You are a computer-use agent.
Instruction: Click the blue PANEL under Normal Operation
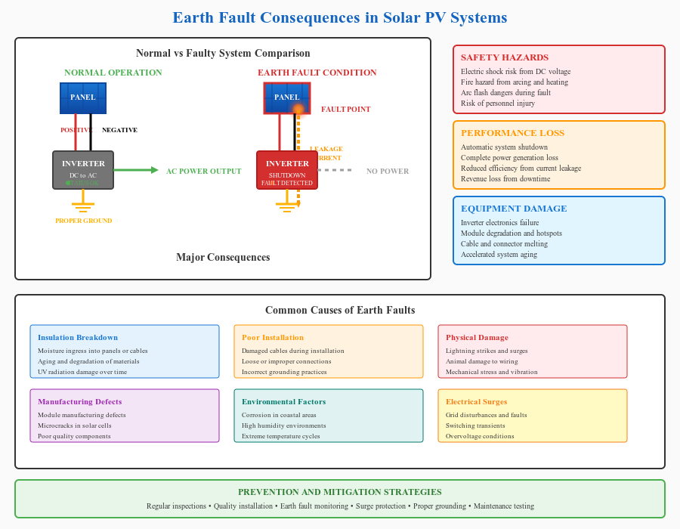click(x=83, y=98)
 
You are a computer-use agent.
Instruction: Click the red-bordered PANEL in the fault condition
click(x=286, y=98)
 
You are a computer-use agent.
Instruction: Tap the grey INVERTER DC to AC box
click(x=83, y=170)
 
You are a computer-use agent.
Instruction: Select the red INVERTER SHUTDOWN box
click(x=287, y=170)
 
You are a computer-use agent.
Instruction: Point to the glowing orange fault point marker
click(x=298, y=110)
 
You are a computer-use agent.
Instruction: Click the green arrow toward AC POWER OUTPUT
click(x=136, y=170)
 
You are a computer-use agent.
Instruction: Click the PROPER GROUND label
click(x=83, y=221)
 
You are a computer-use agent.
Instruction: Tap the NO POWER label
click(x=388, y=172)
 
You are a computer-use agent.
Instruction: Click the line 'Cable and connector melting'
click(x=504, y=244)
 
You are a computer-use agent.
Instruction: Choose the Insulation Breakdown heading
click(x=78, y=338)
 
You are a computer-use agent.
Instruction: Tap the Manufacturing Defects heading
click(x=80, y=402)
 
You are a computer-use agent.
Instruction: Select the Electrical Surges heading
click(x=476, y=402)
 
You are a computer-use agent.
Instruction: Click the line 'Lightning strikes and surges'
click(x=487, y=351)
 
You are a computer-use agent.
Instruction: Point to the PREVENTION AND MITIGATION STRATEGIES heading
click(x=340, y=492)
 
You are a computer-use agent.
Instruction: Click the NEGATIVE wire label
click(x=119, y=130)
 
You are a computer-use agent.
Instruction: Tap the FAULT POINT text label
click(x=345, y=110)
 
